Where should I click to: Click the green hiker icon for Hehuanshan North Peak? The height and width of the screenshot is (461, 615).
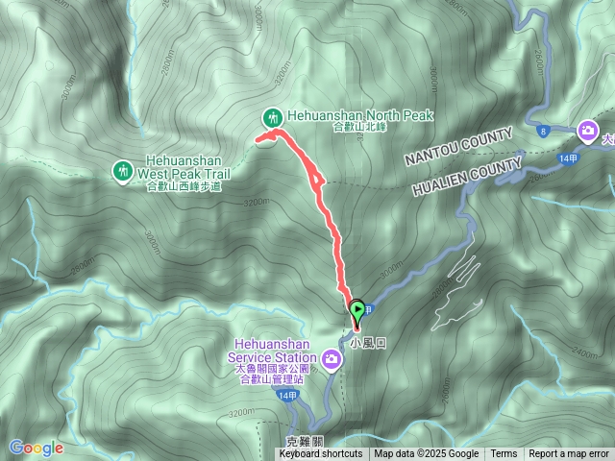coord(273,117)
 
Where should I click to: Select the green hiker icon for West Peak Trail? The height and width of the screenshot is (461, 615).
coord(122,171)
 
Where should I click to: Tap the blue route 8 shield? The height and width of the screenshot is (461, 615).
coord(544,130)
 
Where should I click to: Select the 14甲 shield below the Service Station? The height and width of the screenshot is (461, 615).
coord(286,396)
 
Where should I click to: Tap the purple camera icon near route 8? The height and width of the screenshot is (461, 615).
coord(587,130)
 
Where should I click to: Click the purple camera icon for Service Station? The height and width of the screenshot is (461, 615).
coord(332,358)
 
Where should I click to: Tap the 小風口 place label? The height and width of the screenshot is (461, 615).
coord(367,341)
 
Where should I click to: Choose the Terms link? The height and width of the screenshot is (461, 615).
coord(504,454)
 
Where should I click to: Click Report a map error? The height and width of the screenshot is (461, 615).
coord(569,454)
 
